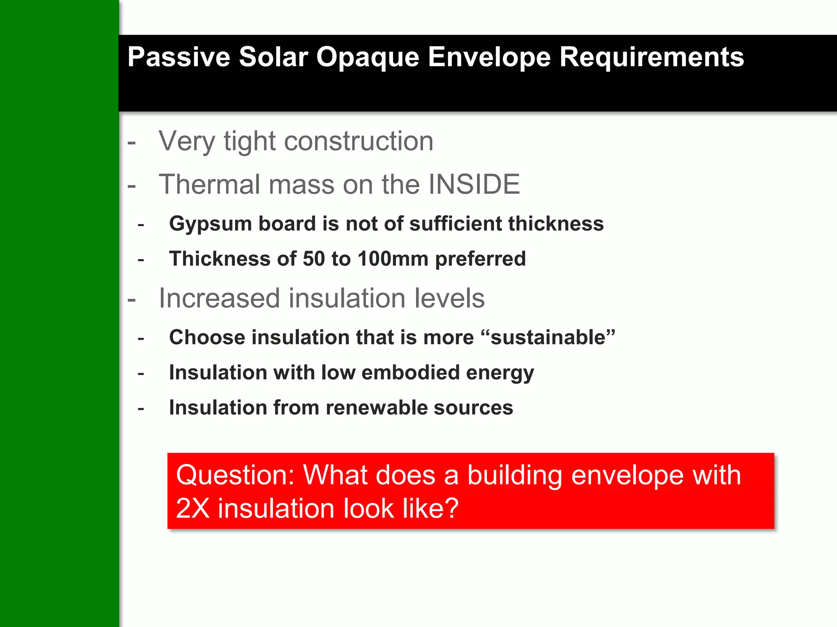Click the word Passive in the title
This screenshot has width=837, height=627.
[x=179, y=57]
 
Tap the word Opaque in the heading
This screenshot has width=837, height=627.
[x=367, y=58]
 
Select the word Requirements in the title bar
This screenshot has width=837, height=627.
[x=651, y=58]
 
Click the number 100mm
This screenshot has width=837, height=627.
[x=393, y=259]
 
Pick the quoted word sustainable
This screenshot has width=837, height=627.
[x=548, y=338]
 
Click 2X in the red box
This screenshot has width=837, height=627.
[x=193, y=509]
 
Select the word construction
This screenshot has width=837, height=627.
[x=358, y=141]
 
